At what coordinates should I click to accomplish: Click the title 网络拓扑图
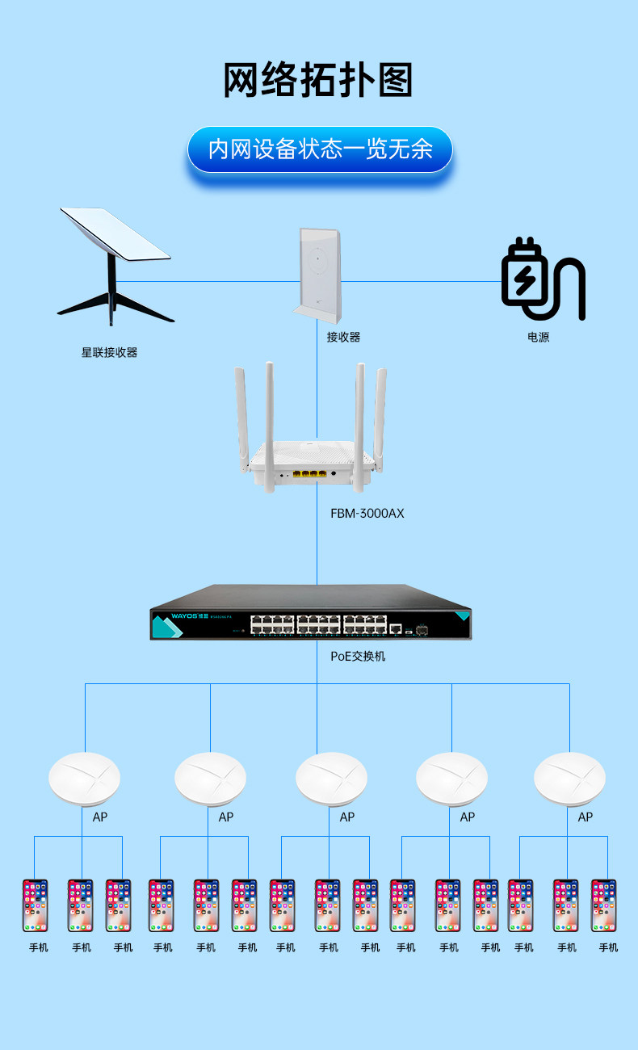click(x=318, y=81)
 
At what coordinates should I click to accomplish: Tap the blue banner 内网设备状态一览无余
click(x=320, y=149)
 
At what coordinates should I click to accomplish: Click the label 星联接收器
click(x=109, y=352)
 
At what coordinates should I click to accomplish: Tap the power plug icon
click(x=542, y=279)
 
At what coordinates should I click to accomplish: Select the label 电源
click(x=538, y=337)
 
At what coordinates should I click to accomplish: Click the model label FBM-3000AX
click(x=367, y=513)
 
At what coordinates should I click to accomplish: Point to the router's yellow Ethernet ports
click(x=314, y=474)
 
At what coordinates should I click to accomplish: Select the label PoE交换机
click(x=358, y=656)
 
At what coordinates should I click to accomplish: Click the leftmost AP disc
click(x=84, y=779)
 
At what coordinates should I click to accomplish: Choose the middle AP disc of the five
click(x=331, y=779)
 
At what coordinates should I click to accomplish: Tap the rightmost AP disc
click(x=569, y=779)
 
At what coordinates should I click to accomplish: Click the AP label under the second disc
click(x=226, y=817)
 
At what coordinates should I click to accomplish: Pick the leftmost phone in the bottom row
click(x=36, y=905)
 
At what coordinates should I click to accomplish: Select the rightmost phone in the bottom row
click(x=603, y=905)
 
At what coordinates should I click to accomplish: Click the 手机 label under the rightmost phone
click(x=608, y=947)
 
